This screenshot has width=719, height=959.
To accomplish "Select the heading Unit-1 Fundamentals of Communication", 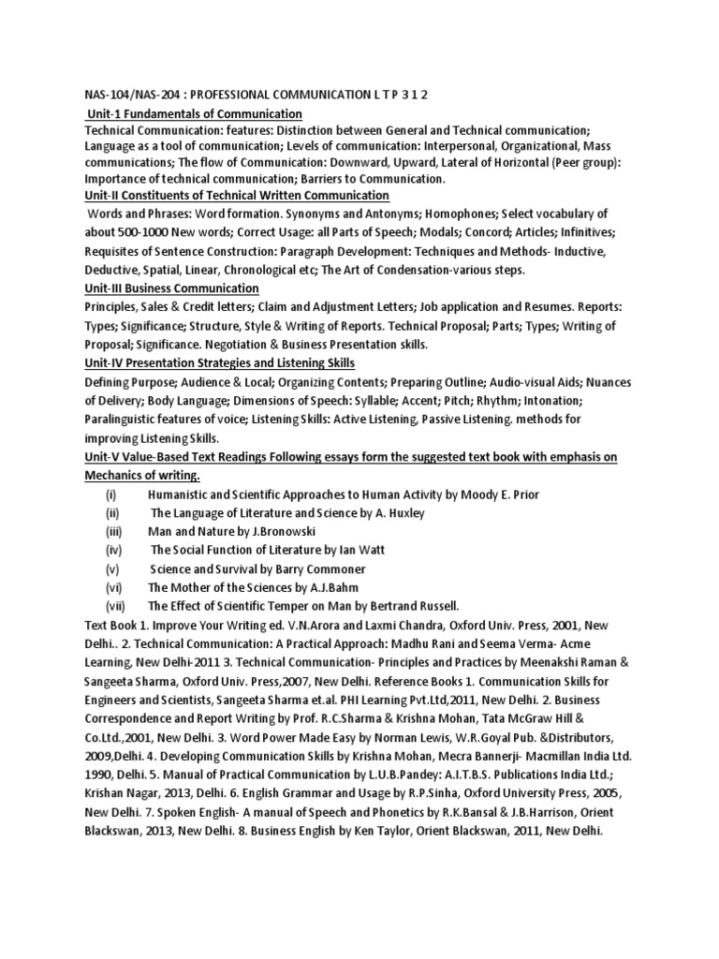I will click(x=195, y=113).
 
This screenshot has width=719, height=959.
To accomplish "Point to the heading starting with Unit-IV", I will click(x=220, y=363).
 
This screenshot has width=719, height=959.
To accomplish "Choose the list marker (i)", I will click(x=110, y=494).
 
